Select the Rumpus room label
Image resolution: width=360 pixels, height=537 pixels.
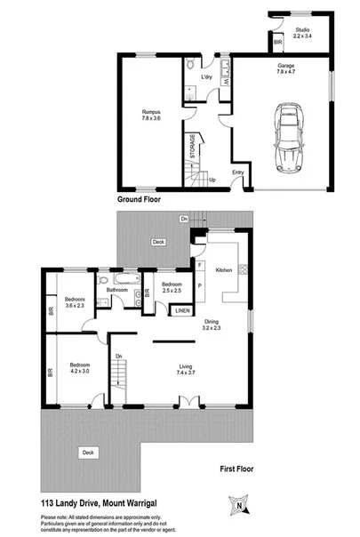[x=153, y=115]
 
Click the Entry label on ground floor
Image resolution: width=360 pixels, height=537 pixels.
[x=238, y=172]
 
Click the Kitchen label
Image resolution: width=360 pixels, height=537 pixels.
[x=224, y=268]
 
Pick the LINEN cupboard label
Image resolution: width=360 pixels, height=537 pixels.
[x=181, y=310]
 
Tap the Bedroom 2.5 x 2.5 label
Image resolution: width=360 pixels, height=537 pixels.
[x=172, y=286]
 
